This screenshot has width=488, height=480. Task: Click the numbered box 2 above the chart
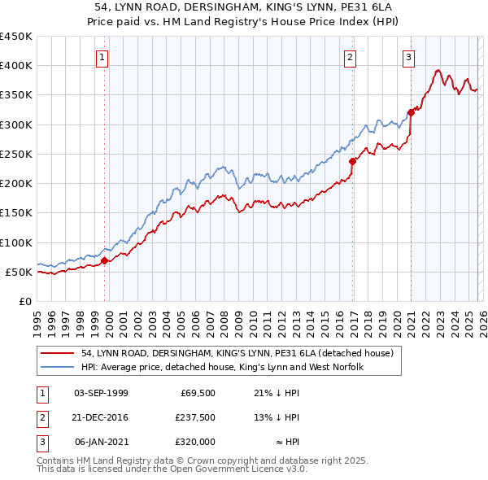pos(350,57)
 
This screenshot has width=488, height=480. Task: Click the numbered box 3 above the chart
pos(407,57)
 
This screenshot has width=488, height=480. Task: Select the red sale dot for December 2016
pos(353,161)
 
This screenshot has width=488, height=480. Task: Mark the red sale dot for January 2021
pos(411,112)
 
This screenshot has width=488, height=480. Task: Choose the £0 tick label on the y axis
pos(24,301)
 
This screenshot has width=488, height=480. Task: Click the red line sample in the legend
pos(58,353)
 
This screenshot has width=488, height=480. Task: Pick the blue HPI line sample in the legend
pos(58,367)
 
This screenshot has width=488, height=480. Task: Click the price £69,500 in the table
pos(196,393)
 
